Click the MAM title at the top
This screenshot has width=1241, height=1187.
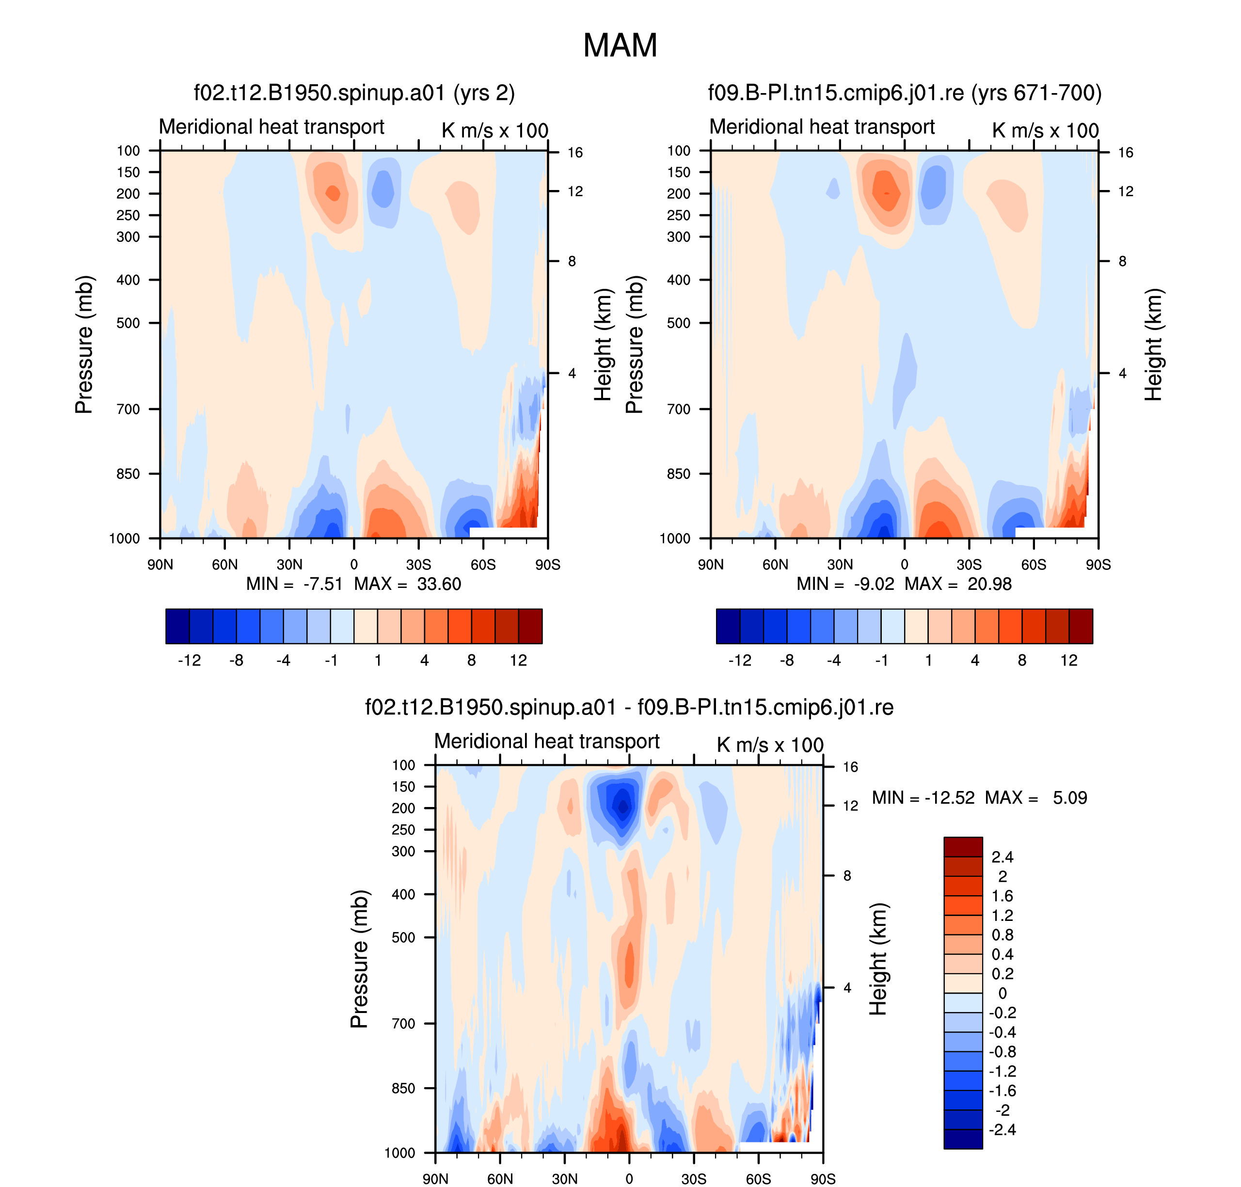(x=620, y=46)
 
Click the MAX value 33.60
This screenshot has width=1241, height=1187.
(x=439, y=584)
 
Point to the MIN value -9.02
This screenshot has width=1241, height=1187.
(x=874, y=584)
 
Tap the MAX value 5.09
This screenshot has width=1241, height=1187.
(x=1069, y=798)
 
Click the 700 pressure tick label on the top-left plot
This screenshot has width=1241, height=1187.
(x=128, y=410)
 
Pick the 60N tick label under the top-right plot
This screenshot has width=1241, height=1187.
(x=775, y=564)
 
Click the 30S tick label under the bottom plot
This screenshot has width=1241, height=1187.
(x=694, y=1179)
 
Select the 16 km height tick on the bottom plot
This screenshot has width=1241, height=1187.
(x=850, y=767)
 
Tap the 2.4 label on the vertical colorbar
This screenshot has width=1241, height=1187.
(x=1002, y=857)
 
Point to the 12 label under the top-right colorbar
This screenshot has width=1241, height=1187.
(x=1069, y=661)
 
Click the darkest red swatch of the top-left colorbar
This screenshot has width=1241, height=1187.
(x=530, y=626)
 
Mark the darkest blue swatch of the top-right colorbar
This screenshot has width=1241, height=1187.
(x=728, y=626)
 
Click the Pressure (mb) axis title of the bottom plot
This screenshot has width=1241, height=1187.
(x=359, y=959)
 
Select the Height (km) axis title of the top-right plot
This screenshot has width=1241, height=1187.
(x=1153, y=345)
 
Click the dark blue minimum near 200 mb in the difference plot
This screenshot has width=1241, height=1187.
(x=623, y=807)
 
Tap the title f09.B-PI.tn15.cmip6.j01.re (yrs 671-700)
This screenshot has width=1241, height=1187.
(x=904, y=93)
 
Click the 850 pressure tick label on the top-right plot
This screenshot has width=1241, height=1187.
(x=678, y=474)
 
